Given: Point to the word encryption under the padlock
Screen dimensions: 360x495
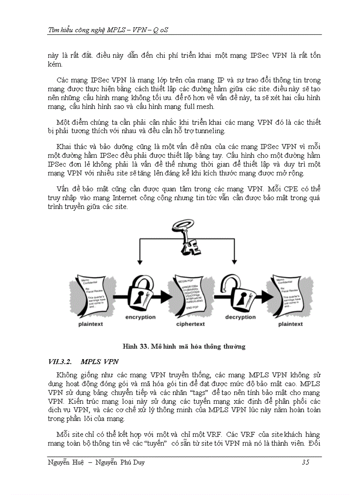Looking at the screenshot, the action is point(140,317).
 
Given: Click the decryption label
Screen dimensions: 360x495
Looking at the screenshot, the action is point(240,317).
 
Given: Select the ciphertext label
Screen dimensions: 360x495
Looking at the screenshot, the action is point(190,324).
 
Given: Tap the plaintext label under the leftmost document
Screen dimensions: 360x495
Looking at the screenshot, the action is point(91,324).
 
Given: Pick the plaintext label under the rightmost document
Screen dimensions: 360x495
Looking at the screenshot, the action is point(290,324).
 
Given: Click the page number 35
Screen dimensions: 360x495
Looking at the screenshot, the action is point(305,462).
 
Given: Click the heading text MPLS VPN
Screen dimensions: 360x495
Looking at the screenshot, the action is point(100,362).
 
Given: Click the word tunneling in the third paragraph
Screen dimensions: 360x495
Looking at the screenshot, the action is point(212,131).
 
